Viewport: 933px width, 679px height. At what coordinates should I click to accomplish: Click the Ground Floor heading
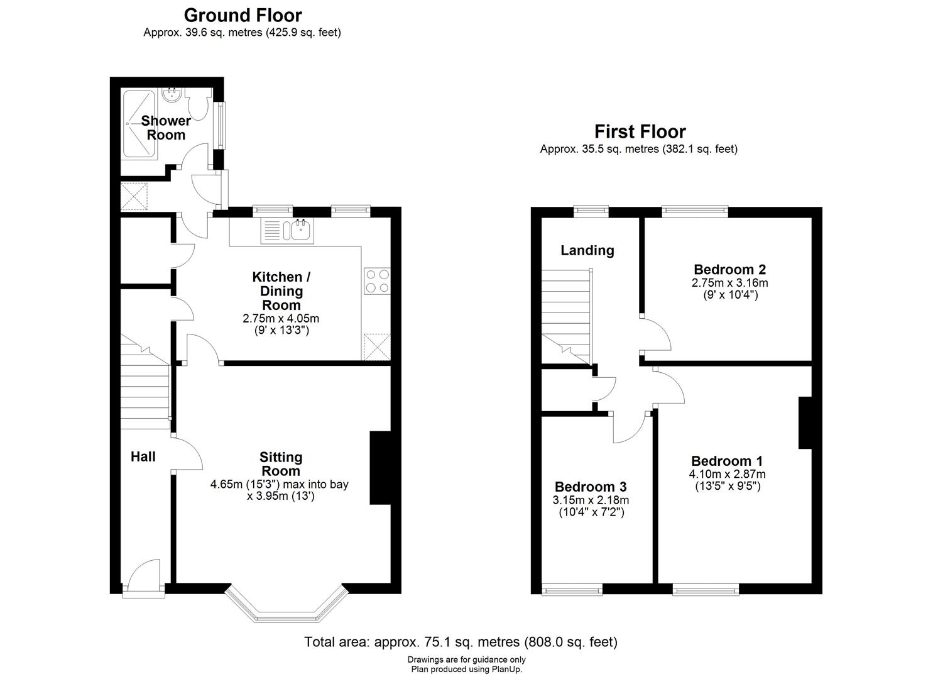(x=243, y=14)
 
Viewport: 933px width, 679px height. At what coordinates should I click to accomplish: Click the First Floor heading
(x=640, y=131)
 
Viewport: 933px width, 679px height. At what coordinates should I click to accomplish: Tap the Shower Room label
(x=166, y=128)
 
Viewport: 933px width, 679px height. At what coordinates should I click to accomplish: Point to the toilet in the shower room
(x=199, y=105)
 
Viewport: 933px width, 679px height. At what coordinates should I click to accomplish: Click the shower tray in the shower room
(x=138, y=124)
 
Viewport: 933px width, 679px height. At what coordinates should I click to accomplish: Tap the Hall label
(x=143, y=457)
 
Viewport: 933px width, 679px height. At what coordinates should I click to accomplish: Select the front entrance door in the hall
(x=144, y=577)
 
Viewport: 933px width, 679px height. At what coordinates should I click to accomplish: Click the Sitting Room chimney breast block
(x=380, y=467)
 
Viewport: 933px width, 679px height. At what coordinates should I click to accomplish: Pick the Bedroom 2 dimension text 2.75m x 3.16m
(x=729, y=283)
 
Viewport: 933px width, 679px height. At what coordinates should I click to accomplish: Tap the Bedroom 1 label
(x=727, y=461)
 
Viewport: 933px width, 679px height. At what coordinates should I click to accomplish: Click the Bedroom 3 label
(x=591, y=487)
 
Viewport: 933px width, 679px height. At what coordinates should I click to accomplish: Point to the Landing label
(x=587, y=250)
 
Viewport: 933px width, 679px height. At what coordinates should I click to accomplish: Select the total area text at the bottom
(x=461, y=642)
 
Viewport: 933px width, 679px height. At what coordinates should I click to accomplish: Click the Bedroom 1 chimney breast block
(x=805, y=422)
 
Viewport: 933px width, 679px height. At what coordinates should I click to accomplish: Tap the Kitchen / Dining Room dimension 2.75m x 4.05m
(x=281, y=319)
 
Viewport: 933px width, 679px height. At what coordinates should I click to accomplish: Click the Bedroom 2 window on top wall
(x=694, y=211)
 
